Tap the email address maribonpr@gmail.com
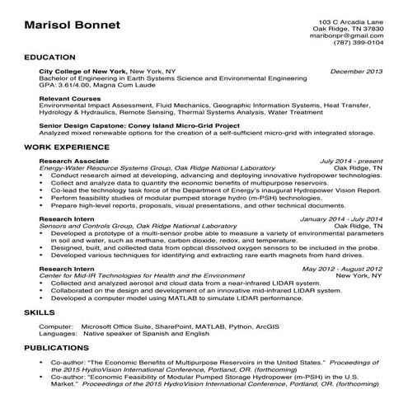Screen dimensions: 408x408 (x=351, y=36)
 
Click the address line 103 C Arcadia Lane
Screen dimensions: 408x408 (x=350, y=20)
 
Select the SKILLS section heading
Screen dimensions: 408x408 (x=40, y=314)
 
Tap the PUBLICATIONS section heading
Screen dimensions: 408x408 (x=57, y=349)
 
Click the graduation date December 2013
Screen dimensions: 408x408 (x=356, y=72)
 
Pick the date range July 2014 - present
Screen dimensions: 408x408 (x=351, y=160)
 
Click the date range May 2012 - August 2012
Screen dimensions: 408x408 (x=342, y=269)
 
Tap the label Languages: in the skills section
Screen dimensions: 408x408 (x=58, y=335)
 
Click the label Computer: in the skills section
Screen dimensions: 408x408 (x=56, y=327)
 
